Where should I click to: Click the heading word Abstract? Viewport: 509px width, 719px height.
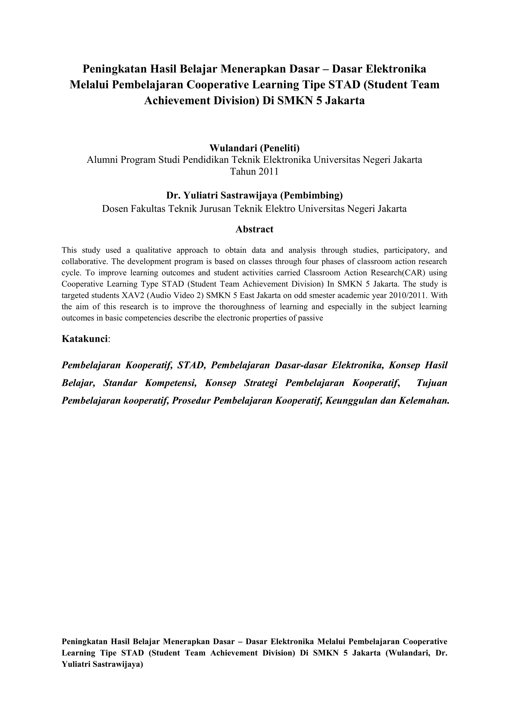(x=254, y=229)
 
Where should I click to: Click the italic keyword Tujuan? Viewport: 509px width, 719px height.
(x=432, y=383)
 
